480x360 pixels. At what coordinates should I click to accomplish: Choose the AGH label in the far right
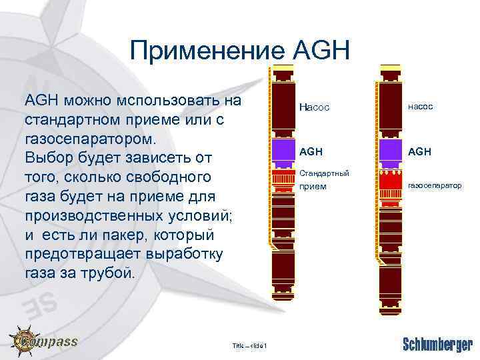419,151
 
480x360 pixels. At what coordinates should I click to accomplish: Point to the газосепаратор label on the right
434,185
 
